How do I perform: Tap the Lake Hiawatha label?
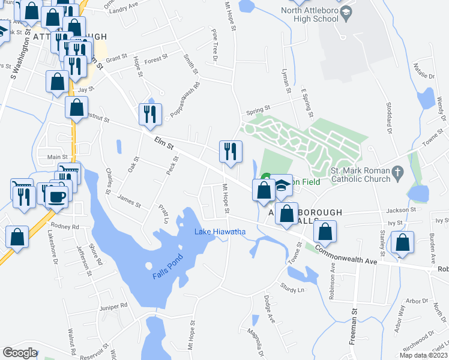tap(220, 232)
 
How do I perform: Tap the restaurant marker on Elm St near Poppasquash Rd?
tap(149, 113)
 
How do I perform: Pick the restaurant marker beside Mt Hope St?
tap(230, 151)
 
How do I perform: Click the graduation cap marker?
tap(282, 189)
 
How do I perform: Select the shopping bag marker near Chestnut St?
tap(77, 108)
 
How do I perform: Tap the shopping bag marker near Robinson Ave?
tap(325, 232)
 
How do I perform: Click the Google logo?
tap(20, 353)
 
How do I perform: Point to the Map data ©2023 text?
tap(423, 355)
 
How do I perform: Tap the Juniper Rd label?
tap(115, 305)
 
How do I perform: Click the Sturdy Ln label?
tap(293, 289)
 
